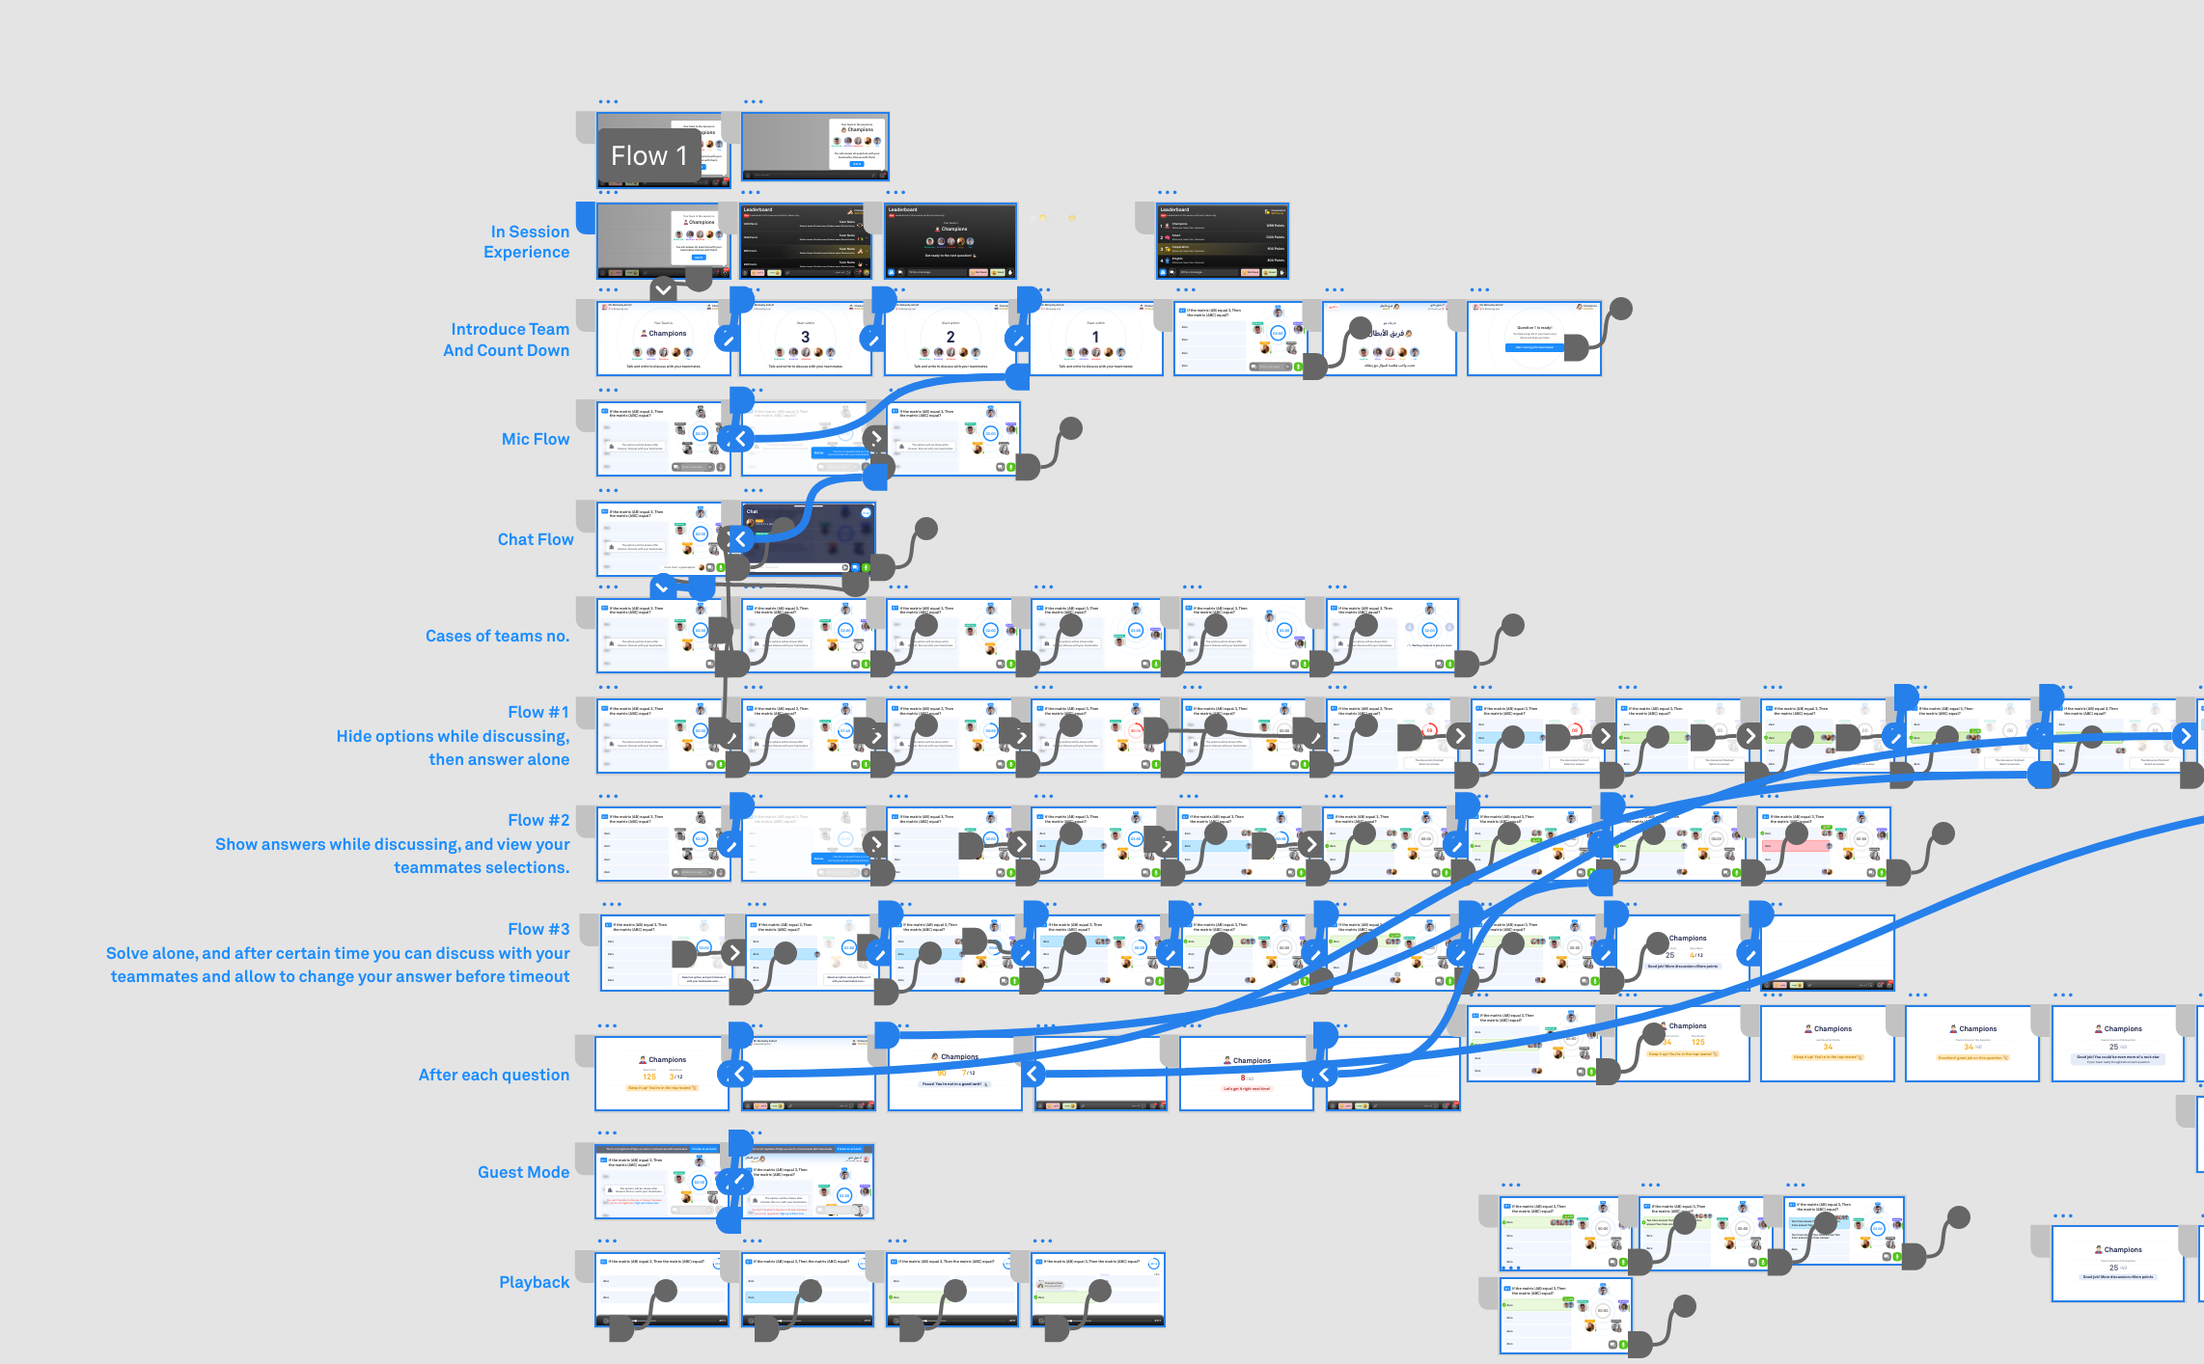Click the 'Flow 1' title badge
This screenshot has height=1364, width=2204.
pyautogui.click(x=648, y=155)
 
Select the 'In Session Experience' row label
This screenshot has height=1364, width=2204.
pyautogui.click(x=527, y=242)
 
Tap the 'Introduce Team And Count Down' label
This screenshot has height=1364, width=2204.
pyautogui.click(x=507, y=340)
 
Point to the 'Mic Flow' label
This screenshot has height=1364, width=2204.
pyautogui.click(x=536, y=439)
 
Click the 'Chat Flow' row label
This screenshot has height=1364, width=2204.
pyautogui.click(x=536, y=539)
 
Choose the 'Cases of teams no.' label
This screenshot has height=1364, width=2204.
pyautogui.click(x=497, y=636)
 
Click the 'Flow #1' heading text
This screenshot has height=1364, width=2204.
pyautogui.click(x=538, y=712)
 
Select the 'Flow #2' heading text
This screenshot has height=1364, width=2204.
pyautogui.click(x=538, y=820)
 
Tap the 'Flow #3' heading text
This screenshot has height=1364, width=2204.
pyautogui.click(x=538, y=929)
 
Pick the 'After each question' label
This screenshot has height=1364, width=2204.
pyautogui.click(x=493, y=1075)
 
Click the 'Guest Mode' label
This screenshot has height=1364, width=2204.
pyautogui.click(x=523, y=1172)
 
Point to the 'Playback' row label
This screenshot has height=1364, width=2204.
pyautogui.click(x=534, y=1282)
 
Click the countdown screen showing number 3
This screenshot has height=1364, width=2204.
pyautogui.click(x=805, y=339)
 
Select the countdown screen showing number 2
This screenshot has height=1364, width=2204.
pyautogui.click(x=950, y=339)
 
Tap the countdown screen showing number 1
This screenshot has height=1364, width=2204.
pyautogui.click(x=1095, y=339)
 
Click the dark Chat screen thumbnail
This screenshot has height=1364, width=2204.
pyautogui.click(x=808, y=538)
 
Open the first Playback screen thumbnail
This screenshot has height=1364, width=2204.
pyautogui.click(x=662, y=1290)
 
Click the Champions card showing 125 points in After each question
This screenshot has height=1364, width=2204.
pyautogui.click(x=662, y=1073)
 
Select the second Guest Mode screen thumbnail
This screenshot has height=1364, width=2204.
pyautogui.click(x=809, y=1182)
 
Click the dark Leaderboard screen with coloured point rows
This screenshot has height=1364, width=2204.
pyautogui.click(x=1223, y=241)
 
